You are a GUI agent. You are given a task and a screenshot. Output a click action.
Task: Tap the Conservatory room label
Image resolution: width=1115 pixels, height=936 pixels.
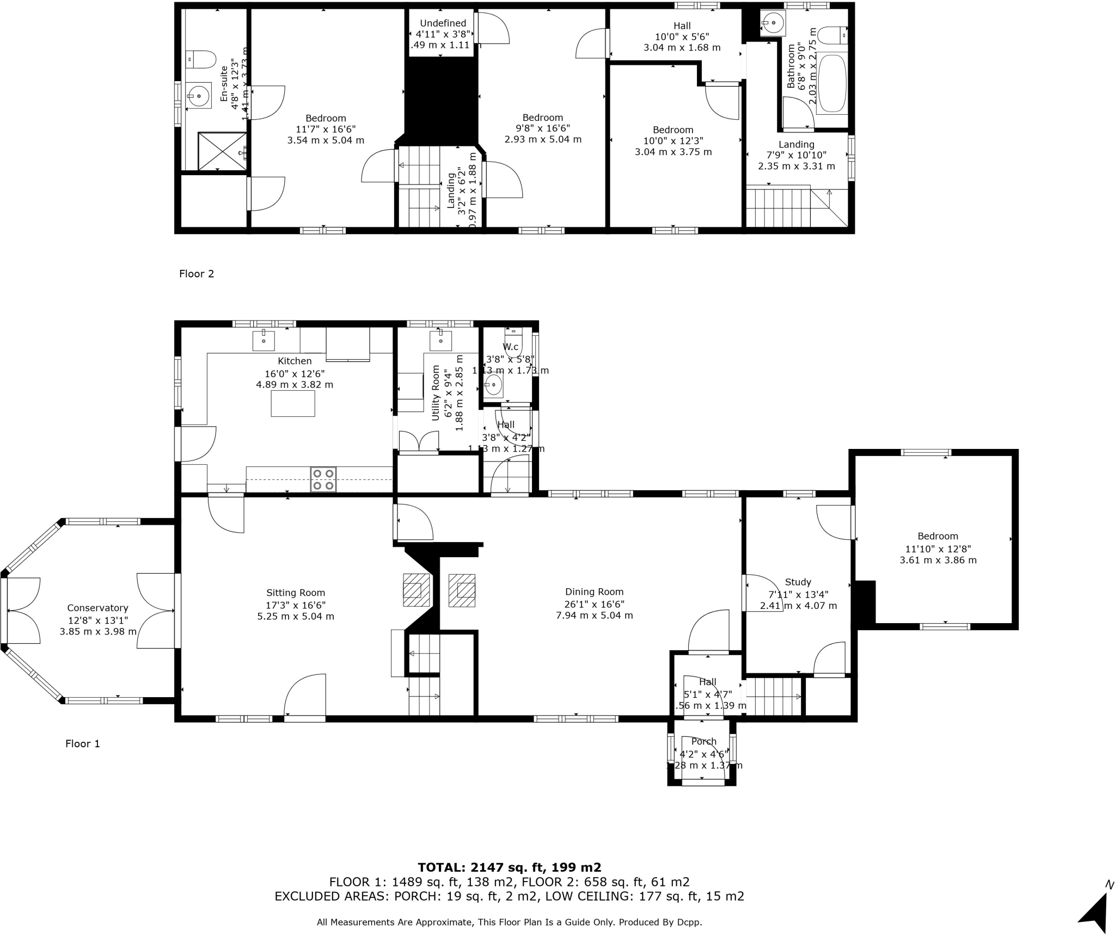point(97,608)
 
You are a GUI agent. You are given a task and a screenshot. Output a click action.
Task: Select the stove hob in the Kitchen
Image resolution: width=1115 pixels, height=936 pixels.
point(323,479)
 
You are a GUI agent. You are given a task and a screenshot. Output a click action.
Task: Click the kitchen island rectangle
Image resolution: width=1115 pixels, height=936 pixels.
point(293,404)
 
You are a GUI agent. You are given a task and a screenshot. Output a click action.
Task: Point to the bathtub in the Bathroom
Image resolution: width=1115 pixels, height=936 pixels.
point(832,83)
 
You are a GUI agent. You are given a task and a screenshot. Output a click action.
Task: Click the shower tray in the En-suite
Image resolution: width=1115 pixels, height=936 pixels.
point(222,150)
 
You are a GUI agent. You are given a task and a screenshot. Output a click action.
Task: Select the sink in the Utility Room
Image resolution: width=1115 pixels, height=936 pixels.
point(440,341)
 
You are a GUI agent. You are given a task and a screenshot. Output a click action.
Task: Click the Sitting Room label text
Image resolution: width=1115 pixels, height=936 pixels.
point(296,593)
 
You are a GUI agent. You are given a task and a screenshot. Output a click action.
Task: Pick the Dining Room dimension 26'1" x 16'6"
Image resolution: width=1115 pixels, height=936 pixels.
point(594,604)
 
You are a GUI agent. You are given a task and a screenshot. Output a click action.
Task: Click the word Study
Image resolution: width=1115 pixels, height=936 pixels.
point(798,582)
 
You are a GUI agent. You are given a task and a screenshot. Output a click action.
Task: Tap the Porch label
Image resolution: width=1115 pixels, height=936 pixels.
point(704,741)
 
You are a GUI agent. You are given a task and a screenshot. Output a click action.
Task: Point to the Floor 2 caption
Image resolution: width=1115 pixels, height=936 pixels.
point(197,274)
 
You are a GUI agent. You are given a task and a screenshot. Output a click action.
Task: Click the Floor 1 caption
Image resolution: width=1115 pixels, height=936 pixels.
point(83,743)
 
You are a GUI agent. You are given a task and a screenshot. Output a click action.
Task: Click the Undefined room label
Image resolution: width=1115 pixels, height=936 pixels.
point(443,23)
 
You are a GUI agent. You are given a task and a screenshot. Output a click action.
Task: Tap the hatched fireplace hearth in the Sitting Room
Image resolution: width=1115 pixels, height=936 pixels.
point(416,590)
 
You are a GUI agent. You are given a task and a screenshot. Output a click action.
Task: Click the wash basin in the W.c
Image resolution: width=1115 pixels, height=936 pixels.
point(493,385)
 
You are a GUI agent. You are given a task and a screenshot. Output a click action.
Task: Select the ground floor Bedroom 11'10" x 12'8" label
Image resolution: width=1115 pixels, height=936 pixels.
point(938,536)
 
